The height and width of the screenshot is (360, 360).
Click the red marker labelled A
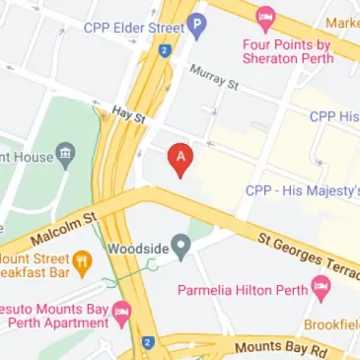180,159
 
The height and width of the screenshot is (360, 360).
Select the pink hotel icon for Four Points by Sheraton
264,17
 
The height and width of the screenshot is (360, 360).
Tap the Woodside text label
137,248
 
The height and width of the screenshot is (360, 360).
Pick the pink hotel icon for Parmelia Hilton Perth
320,288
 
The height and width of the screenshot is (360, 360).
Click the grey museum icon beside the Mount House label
65,154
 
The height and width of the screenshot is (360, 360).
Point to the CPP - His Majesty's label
301,190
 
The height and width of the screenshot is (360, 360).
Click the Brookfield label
330,324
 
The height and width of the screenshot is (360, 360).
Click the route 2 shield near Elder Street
164,49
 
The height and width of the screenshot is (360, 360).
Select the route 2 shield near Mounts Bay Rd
147,344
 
